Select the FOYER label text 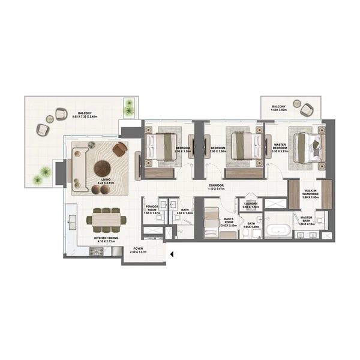pos(139,249)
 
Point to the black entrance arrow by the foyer pos(171,254)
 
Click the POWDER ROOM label pos(151,208)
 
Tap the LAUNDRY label pos(251,205)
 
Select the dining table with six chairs pos(106,220)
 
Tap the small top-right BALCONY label pos(280,107)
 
